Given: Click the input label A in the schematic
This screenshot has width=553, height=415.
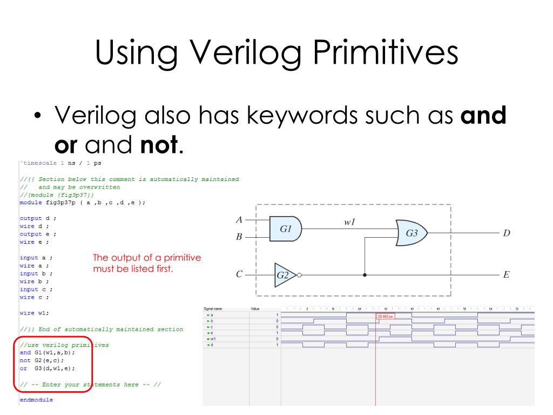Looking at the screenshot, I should click(239, 220).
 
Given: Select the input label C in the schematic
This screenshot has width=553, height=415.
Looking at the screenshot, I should click(239, 275).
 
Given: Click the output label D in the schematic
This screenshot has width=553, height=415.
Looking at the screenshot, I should click(506, 233).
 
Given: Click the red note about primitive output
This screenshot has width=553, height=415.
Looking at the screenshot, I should click(147, 263).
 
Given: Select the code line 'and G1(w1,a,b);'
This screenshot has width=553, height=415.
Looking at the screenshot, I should click(48, 352).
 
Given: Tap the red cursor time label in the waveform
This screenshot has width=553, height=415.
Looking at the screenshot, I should click(385, 316).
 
